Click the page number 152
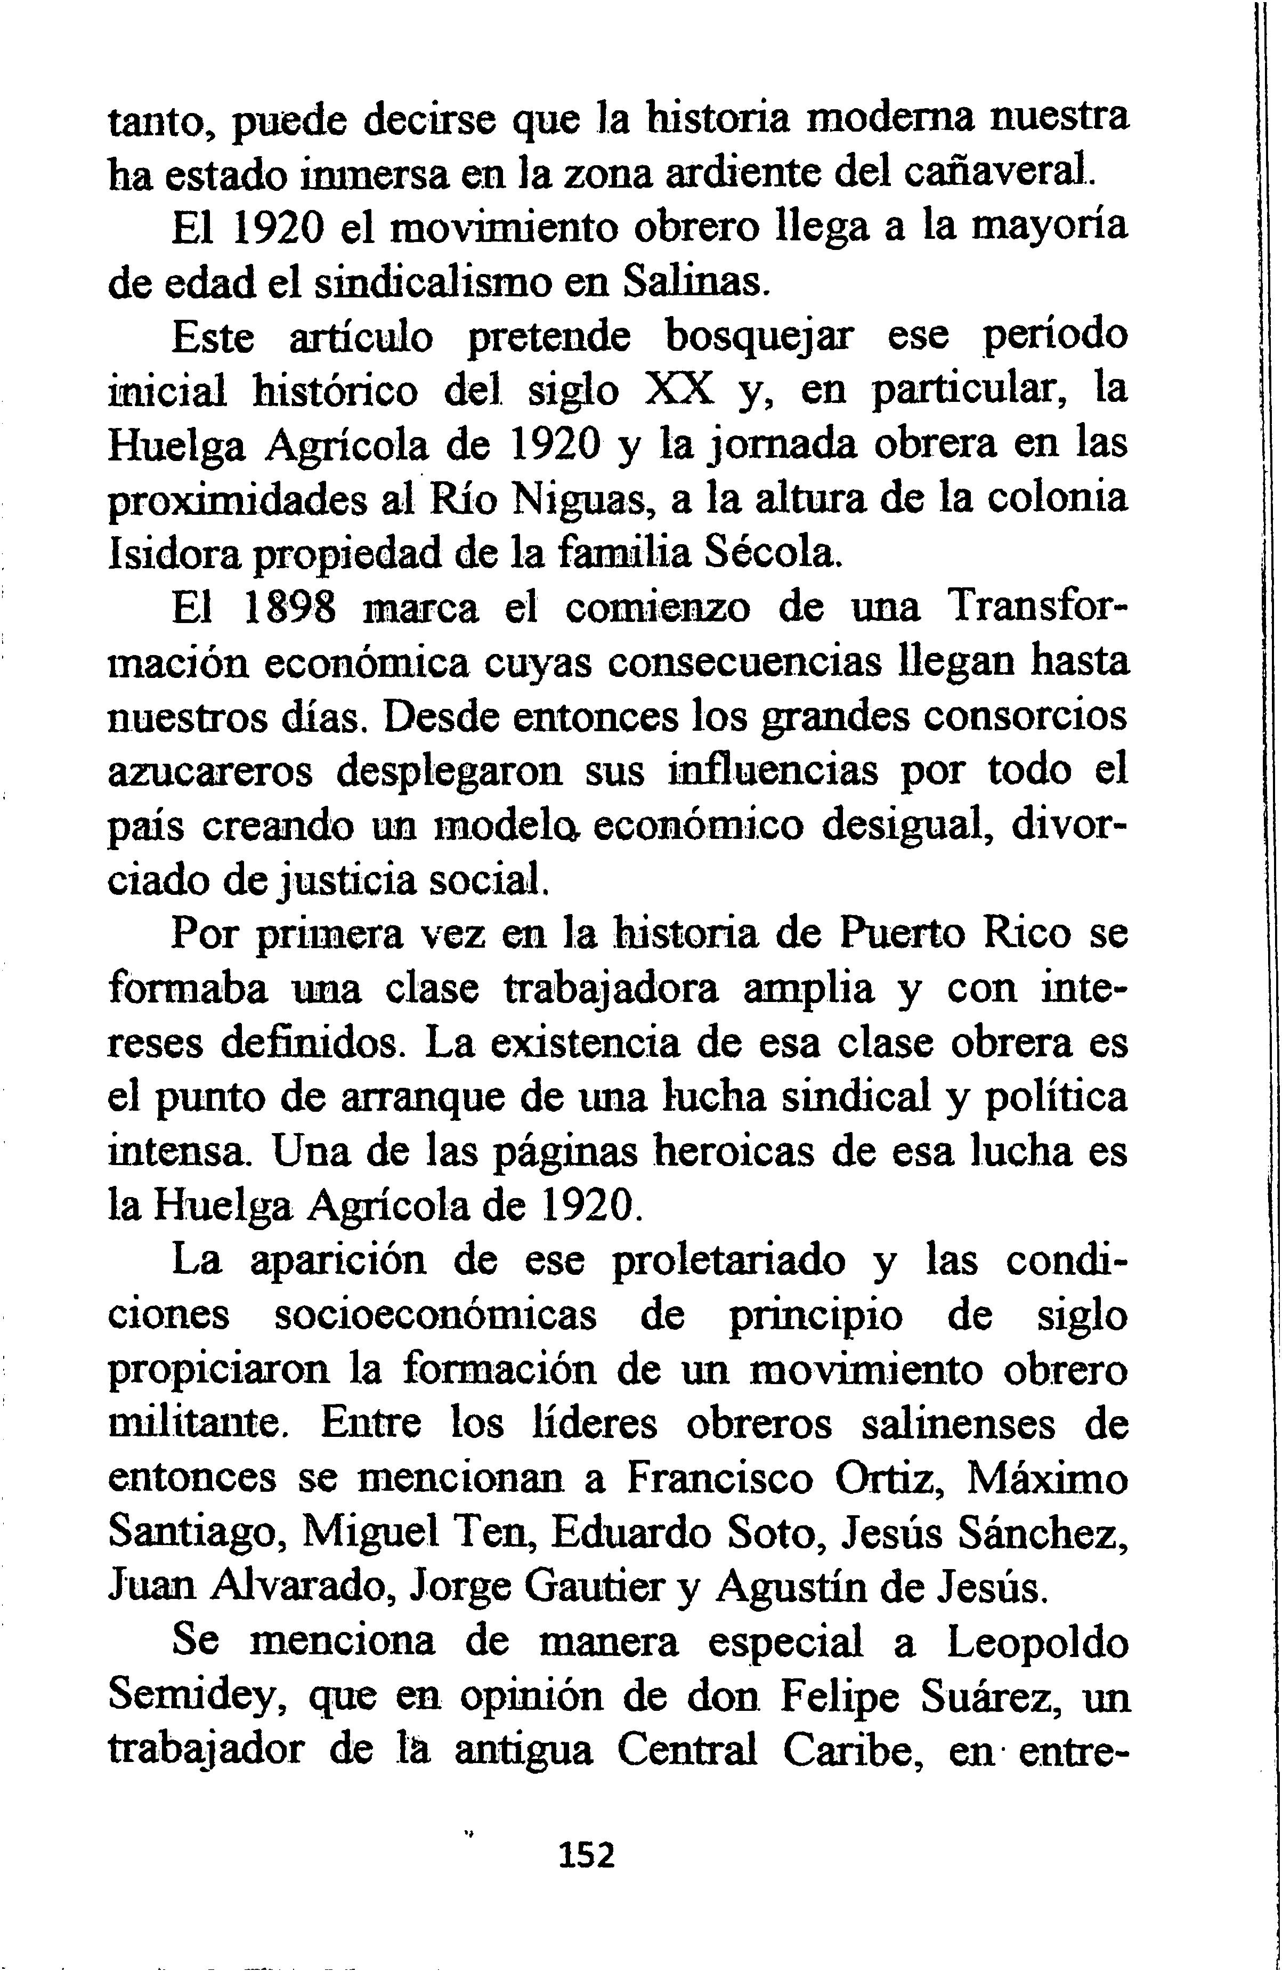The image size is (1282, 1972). [587, 1854]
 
